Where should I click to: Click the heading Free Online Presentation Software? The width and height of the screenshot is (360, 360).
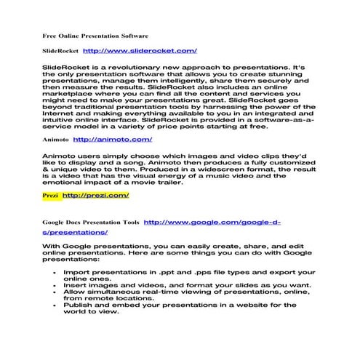(95, 36)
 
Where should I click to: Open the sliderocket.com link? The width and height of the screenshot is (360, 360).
(140, 51)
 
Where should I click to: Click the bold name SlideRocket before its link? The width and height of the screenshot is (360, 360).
(60, 51)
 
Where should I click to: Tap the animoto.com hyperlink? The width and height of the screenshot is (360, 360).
(112, 138)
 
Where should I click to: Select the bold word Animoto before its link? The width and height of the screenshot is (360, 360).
(55, 138)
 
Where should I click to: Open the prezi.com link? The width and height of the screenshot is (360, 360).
(96, 195)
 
